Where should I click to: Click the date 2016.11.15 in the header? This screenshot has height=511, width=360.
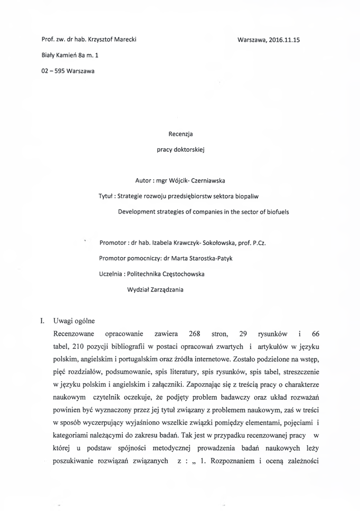coord(283,39)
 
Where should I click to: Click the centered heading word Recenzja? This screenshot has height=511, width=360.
coord(180,134)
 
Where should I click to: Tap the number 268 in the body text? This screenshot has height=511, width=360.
coord(194,333)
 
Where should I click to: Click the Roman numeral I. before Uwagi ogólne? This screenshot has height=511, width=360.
coord(43,320)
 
